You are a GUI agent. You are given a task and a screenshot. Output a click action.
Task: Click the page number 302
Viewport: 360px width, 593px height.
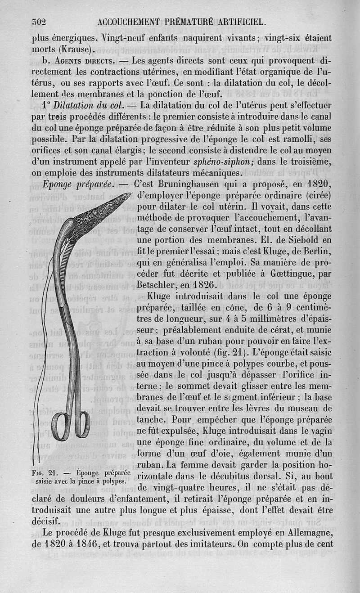pos(40,22)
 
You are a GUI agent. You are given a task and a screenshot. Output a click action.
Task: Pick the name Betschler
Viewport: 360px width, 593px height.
pos(157,285)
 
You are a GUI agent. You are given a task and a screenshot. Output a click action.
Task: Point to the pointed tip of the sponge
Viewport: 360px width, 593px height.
pos(129,194)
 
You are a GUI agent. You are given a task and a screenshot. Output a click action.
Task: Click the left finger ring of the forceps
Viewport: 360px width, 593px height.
pos(59,425)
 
